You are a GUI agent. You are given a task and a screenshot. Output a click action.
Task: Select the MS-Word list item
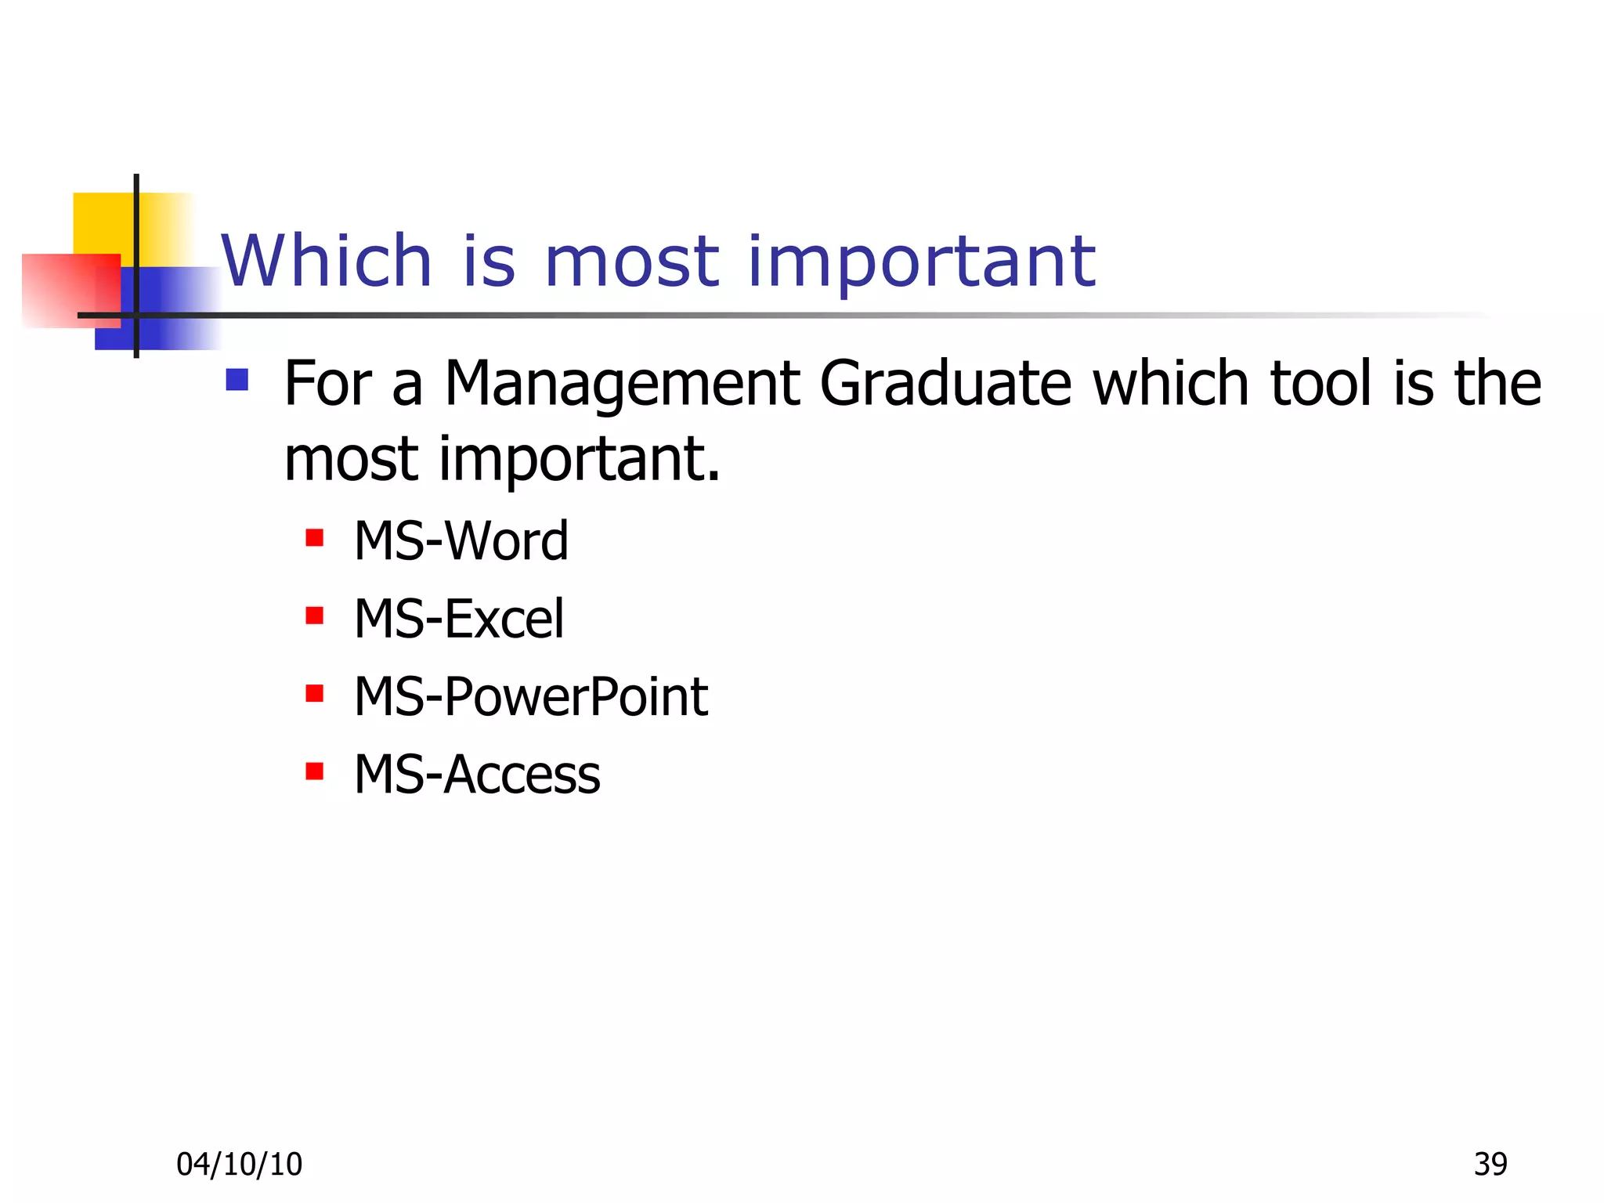461,541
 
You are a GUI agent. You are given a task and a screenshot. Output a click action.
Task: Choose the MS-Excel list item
458,619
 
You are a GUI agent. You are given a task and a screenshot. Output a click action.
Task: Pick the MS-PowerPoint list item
530,696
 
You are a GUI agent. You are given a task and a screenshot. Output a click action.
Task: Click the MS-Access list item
477,775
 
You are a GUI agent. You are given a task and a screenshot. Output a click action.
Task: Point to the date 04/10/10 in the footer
239,1165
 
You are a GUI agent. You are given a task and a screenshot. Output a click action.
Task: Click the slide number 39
1490,1165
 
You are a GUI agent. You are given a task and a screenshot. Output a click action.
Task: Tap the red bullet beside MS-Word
315,538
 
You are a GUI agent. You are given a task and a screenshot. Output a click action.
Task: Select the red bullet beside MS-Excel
315,616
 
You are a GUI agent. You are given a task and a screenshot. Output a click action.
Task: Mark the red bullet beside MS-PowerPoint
315,693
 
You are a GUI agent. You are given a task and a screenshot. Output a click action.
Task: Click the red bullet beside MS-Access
315,771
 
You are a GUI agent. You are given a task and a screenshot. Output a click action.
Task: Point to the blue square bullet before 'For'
237,380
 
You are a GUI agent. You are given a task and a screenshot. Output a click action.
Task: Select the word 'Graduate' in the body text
945,384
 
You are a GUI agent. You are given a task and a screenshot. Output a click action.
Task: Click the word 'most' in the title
630,262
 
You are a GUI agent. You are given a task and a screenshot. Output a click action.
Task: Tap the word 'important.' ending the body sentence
580,461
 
